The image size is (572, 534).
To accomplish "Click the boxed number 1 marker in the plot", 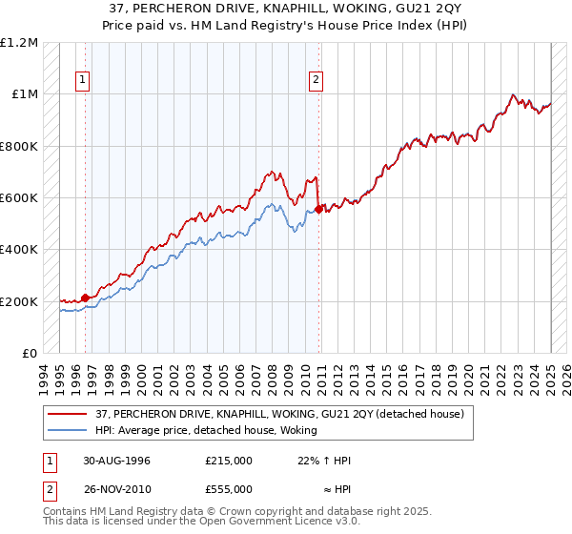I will pyautogui.click(x=85, y=81).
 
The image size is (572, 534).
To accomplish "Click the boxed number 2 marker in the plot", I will pyautogui.click(x=316, y=81).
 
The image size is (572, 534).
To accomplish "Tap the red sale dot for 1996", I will pyautogui.click(x=85, y=298).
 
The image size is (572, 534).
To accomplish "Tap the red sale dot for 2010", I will pyautogui.click(x=319, y=207).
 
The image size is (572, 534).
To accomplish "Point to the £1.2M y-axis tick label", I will pyautogui.click(x=19, y=43).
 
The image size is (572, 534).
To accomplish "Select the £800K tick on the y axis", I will pyautogui.click(x=19, y=147).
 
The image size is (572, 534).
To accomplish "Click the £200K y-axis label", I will pyautogui.click(x=19, y=301).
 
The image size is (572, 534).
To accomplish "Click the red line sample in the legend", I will pyautogui.click(x=70, y=414).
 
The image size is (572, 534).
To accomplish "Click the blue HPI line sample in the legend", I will pyautogui.click(x=70, y=430).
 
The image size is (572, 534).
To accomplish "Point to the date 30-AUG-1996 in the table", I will pyautogui.click(x=116, y=461).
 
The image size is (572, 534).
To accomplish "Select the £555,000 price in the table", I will pyautogui.click(x=229, y=489).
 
